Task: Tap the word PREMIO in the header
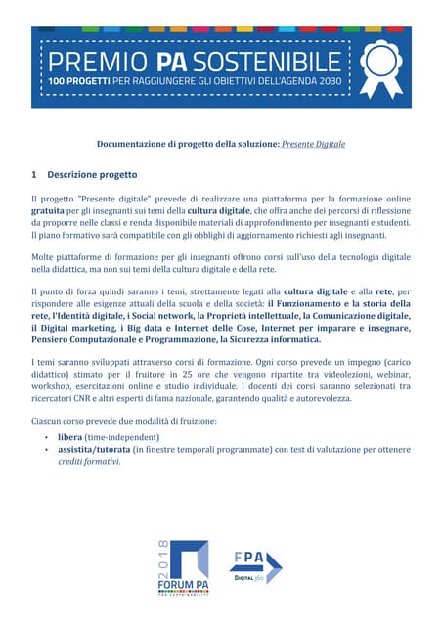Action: (x=93, y=57)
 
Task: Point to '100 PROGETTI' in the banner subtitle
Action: (x=86, y=79)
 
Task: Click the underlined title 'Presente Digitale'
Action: (x=313, y=144)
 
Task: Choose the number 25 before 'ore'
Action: (x=193, y=375)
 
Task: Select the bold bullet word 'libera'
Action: (x=70, y=436)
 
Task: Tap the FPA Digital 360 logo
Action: (x=256, y=566)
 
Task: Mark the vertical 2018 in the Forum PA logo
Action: (x=163, y=557)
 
